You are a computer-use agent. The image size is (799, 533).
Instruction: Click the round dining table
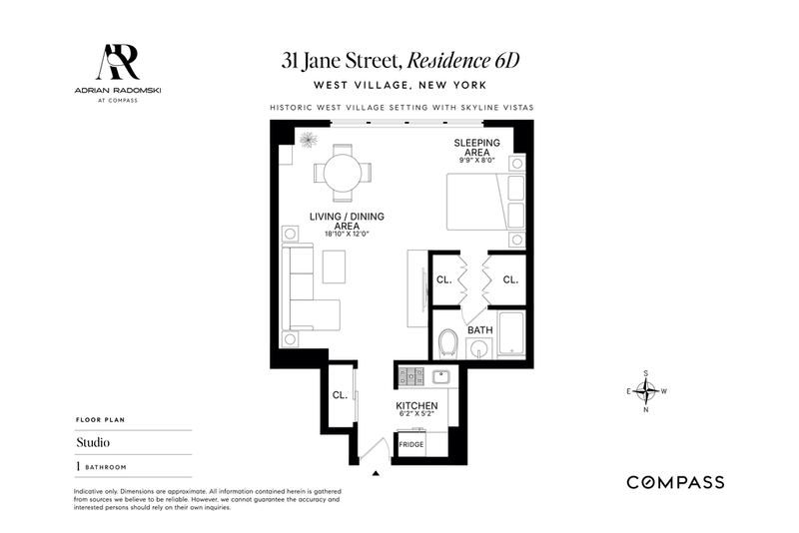point(343,173)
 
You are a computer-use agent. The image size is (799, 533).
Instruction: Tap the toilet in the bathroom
point(448,343)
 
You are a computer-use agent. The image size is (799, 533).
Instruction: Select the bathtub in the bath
point(511,333)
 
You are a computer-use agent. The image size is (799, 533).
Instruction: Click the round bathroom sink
point(479,349)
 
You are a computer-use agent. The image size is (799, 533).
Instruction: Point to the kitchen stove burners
point(411,376)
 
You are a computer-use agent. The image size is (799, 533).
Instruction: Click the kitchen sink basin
point(440,377)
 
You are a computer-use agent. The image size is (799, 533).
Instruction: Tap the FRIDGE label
point(411,444)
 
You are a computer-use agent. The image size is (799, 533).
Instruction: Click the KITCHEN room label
point(416,405)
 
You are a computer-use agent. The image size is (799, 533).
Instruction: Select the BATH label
point(480,329)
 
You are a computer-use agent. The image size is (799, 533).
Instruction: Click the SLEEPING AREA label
point(477,148)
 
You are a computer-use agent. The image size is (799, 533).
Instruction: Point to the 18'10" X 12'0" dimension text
point(347,235)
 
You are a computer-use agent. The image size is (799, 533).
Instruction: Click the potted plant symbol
point(309,140)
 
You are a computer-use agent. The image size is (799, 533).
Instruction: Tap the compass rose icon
point(646,391)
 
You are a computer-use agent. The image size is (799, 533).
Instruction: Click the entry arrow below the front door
point(376,473)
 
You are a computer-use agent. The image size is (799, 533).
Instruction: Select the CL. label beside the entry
point(340,395)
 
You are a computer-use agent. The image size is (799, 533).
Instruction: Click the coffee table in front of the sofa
point(334,266)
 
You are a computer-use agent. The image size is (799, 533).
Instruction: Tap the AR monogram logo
point(118,62)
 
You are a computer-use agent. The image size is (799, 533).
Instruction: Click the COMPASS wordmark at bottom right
point(675,482)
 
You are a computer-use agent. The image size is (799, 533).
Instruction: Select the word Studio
point(93,442)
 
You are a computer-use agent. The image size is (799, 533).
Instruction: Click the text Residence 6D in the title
point(463,61)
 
